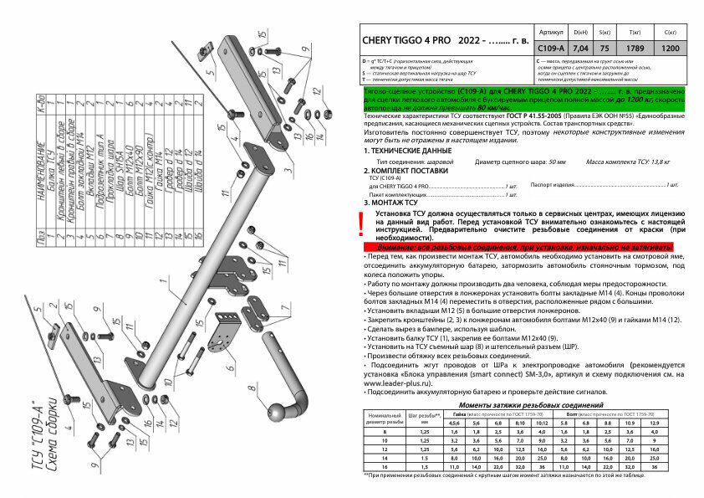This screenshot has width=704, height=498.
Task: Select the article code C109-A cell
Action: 552,49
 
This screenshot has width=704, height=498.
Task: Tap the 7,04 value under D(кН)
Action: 580,49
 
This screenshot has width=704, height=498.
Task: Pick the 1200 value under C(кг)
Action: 671,49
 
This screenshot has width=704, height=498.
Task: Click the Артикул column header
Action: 552,30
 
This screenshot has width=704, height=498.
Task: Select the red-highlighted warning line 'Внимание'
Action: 518,249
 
